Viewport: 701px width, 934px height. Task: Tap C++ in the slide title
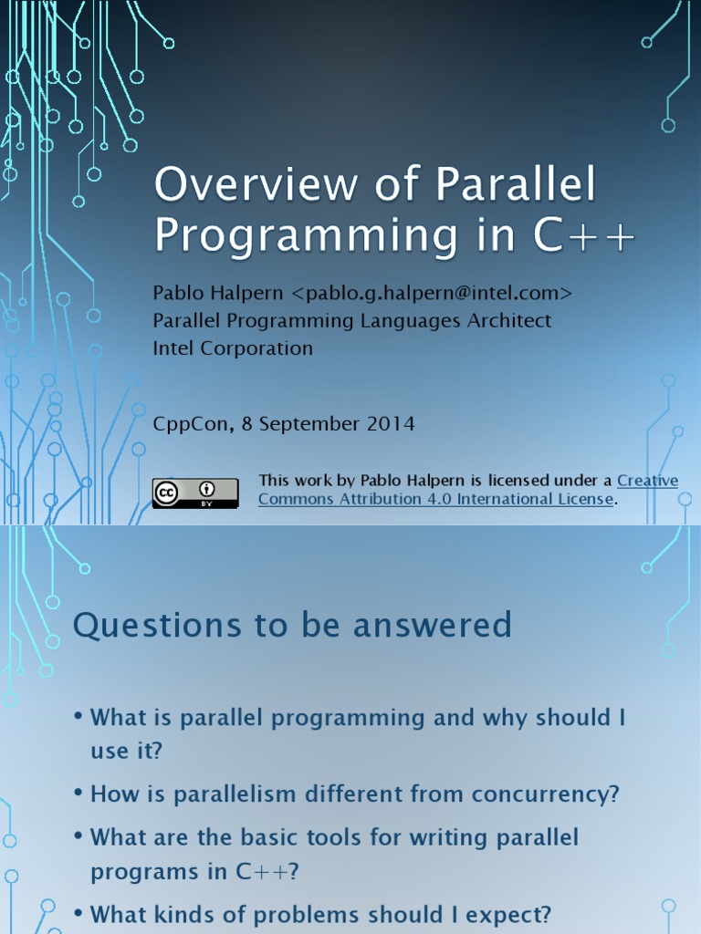[x=584, y=234]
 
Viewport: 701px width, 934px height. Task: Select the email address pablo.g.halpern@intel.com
[x=433, y=293]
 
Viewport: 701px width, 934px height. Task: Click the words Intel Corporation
[x=233, y=348]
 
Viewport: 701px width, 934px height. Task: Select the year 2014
[x=393, y=424]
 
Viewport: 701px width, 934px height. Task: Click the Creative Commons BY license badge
[x=195, y=493]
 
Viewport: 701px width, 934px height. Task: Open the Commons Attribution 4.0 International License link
[x=436, y=499]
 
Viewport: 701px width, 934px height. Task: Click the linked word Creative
[x=647, y=481]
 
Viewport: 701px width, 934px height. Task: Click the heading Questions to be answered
[x=292, y=626]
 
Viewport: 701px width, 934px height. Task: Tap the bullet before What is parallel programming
[x=79, y=717]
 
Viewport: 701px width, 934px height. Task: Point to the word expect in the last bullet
[x=505, y=914]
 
